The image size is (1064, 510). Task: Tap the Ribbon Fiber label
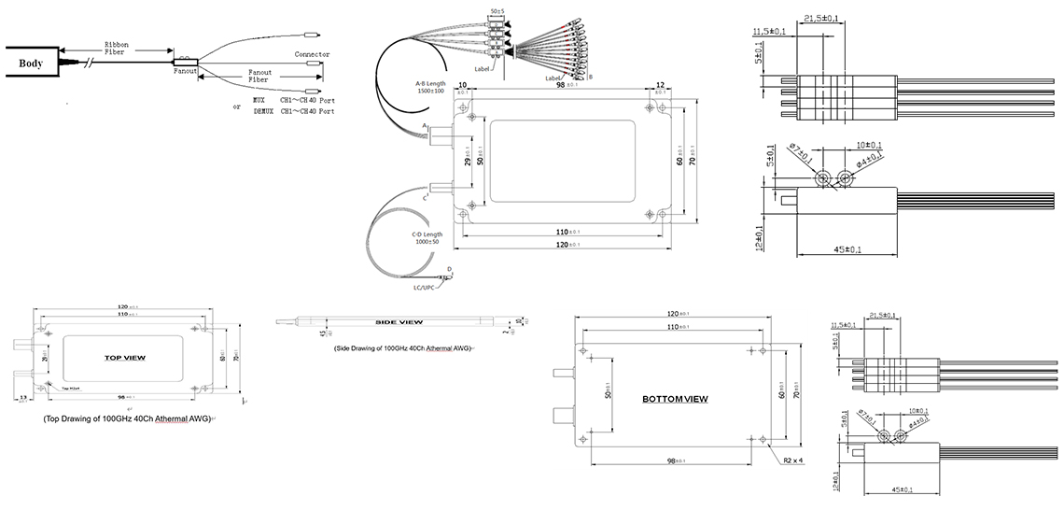pyautogui.click(x=118, y=48)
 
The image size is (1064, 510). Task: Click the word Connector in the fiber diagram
pyautogui.click(x=312, y=54)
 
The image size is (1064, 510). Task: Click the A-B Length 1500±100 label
pyautogui.click(x=430, y=86)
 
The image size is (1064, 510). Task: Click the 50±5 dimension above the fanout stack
pyautogui.click(x=497, y=11)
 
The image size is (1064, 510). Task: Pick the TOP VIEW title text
pyautogui.click(x=132, y=358)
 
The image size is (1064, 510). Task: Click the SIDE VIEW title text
pyautogui.click(x=399, y=322)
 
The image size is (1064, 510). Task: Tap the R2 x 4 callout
pyautogui.click(x=793, y=460)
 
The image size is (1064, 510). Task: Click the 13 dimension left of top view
pyautogui.click(x=21, y=396)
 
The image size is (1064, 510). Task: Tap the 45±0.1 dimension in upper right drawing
pyautogui.click(x=847, y=249)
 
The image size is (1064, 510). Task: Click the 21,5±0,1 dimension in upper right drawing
pyautogui.click(x=821, y=19)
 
